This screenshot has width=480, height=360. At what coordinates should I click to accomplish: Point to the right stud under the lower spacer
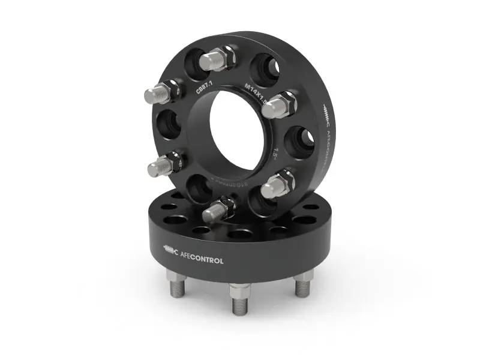tap(305, 281)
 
